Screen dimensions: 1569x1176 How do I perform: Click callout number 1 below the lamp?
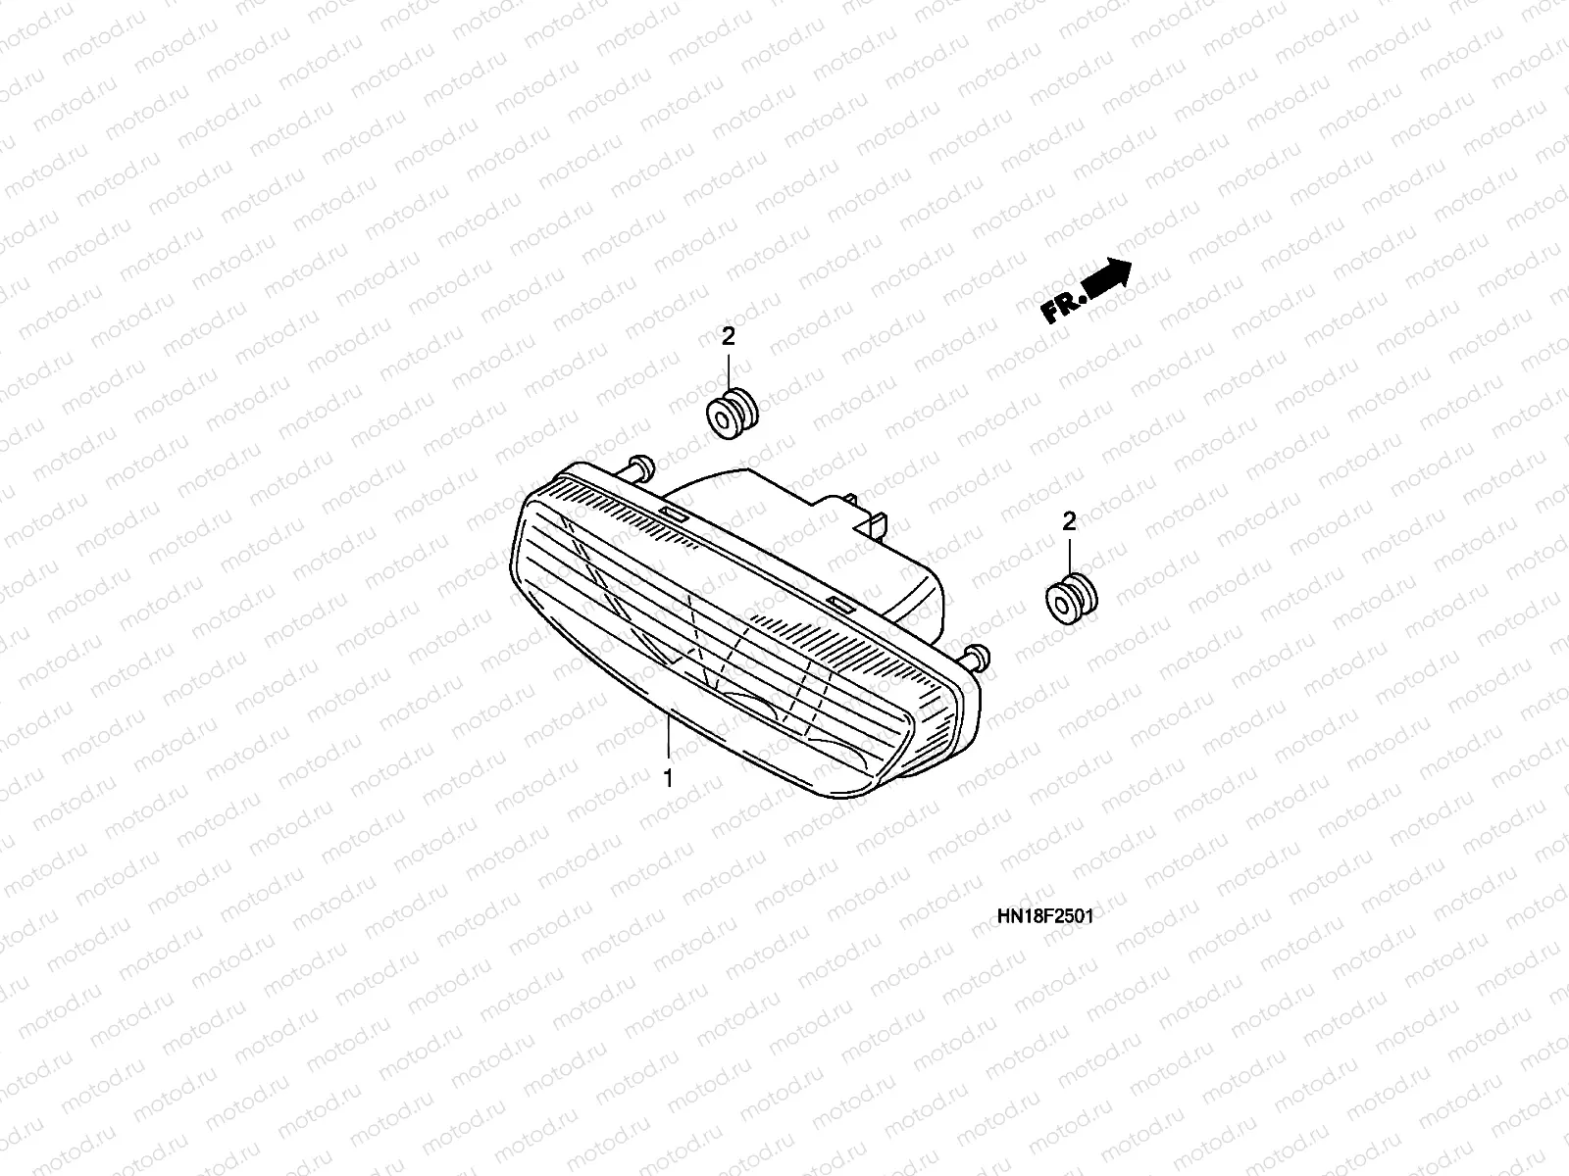tap(668, 779)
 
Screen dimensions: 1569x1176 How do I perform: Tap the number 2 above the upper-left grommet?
tap(728, 337)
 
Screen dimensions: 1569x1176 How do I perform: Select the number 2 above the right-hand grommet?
tap(1069, 521)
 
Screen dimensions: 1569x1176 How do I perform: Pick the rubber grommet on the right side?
tap(1071, 599)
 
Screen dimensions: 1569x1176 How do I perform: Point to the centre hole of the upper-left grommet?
tap(724, 420)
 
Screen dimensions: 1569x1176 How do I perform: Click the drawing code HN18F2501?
tap(1044, 916)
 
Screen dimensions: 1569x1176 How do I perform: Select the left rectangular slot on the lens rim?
tap(674, 514)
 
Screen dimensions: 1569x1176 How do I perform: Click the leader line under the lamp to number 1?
tap(668, 739)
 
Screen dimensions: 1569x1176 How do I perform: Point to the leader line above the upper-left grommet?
tap(729, 371)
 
